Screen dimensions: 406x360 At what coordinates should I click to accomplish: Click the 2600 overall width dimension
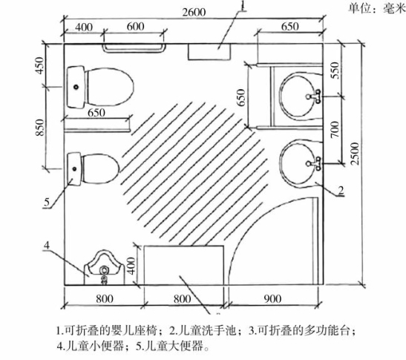(x=194, y=12)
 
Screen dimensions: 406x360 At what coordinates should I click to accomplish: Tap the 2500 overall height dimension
(x=355, y=154)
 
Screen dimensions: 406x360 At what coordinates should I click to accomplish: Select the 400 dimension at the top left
(x=84, y=27)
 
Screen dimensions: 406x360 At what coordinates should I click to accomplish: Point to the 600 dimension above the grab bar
(x=135, y=27)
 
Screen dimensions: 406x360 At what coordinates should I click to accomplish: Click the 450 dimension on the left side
(x=40, y=65)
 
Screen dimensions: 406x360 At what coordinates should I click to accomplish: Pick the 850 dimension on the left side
(x=40, y=128)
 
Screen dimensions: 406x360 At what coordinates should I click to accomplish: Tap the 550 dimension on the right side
(x=335, y=71)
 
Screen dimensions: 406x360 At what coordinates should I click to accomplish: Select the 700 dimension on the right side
(x=335, y=129)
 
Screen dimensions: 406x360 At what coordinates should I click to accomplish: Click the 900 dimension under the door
(x=272, y=299)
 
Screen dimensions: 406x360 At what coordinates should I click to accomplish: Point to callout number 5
(x=47, y=202)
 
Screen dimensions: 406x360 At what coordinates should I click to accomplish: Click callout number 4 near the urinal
(x=47, y=245)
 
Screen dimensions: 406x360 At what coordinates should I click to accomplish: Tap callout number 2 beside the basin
(x=341, y=190)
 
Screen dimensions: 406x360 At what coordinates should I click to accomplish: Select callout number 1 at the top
(x=243, y=6)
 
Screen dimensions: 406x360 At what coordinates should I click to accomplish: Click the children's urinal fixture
(x=104, y=268)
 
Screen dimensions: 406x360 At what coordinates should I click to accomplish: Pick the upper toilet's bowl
(x=109, y=87)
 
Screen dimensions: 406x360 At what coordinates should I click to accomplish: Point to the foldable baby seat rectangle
(x=209, y=52)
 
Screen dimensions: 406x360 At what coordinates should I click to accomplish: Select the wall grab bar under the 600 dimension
(x=134, y=48)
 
